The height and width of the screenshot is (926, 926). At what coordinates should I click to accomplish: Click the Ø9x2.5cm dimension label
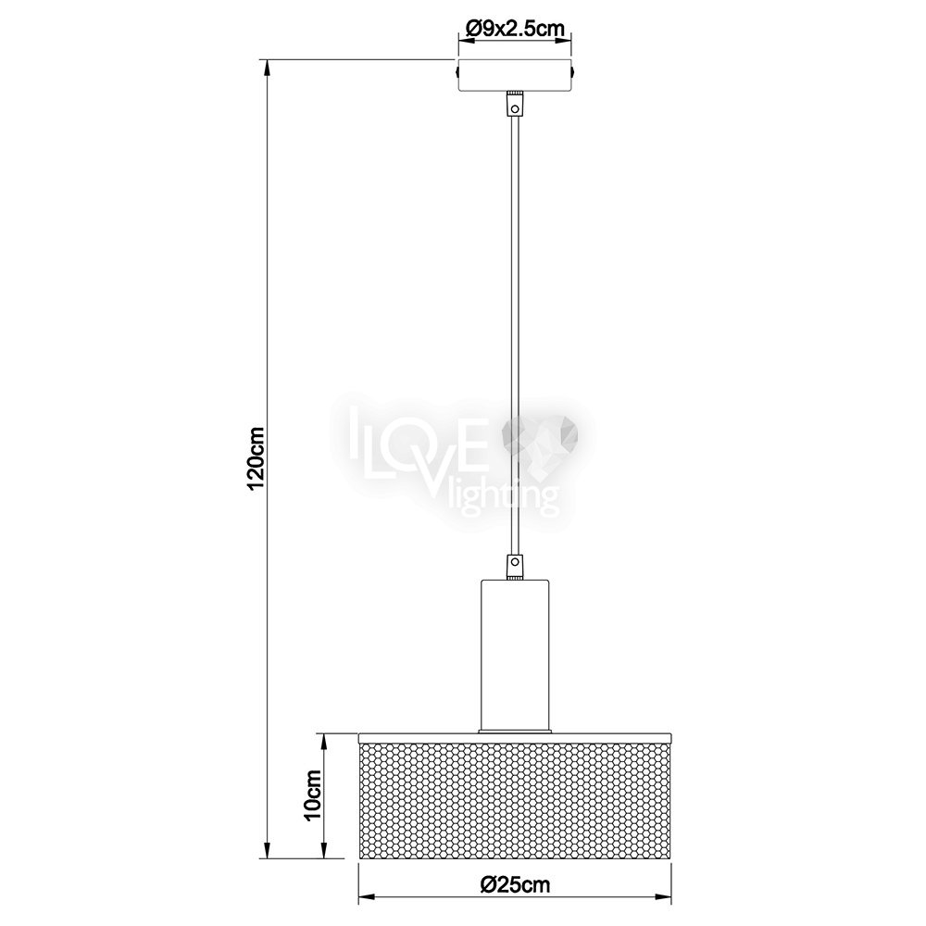(515, 29)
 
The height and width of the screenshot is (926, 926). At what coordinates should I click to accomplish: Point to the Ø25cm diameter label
(516, 884)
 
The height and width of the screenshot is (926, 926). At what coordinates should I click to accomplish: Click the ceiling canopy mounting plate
(515, 75)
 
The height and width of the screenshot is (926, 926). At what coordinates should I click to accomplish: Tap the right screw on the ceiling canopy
(574, 71)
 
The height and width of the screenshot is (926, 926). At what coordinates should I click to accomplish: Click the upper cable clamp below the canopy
(516, 105)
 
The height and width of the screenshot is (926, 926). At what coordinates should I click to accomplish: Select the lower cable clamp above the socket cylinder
(516, 565)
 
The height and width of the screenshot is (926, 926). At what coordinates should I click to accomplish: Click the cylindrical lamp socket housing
(516, 655)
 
